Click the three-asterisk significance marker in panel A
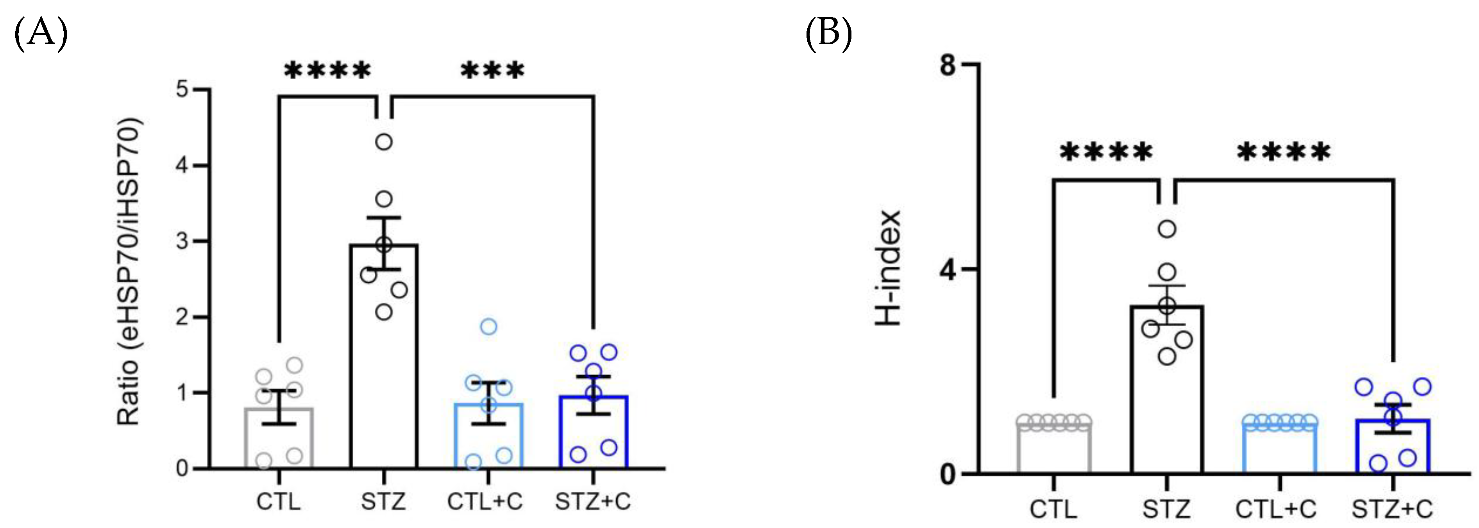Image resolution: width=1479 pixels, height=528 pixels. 493,71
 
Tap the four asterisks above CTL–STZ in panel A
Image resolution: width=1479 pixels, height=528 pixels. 328,71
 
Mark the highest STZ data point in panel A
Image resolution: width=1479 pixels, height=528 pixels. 384,141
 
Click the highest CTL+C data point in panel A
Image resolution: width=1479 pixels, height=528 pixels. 488,326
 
